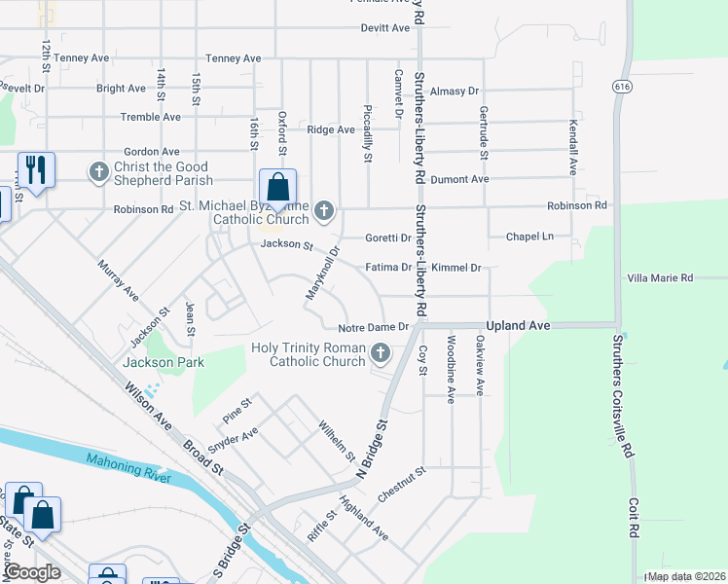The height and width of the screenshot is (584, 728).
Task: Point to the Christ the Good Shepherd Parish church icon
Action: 98,172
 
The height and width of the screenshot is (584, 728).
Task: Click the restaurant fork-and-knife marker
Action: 36,170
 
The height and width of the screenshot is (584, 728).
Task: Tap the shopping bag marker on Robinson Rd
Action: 277,187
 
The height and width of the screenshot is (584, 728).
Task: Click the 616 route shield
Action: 620,87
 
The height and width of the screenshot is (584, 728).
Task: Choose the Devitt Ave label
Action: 385,28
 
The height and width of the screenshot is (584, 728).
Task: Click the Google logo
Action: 31,572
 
